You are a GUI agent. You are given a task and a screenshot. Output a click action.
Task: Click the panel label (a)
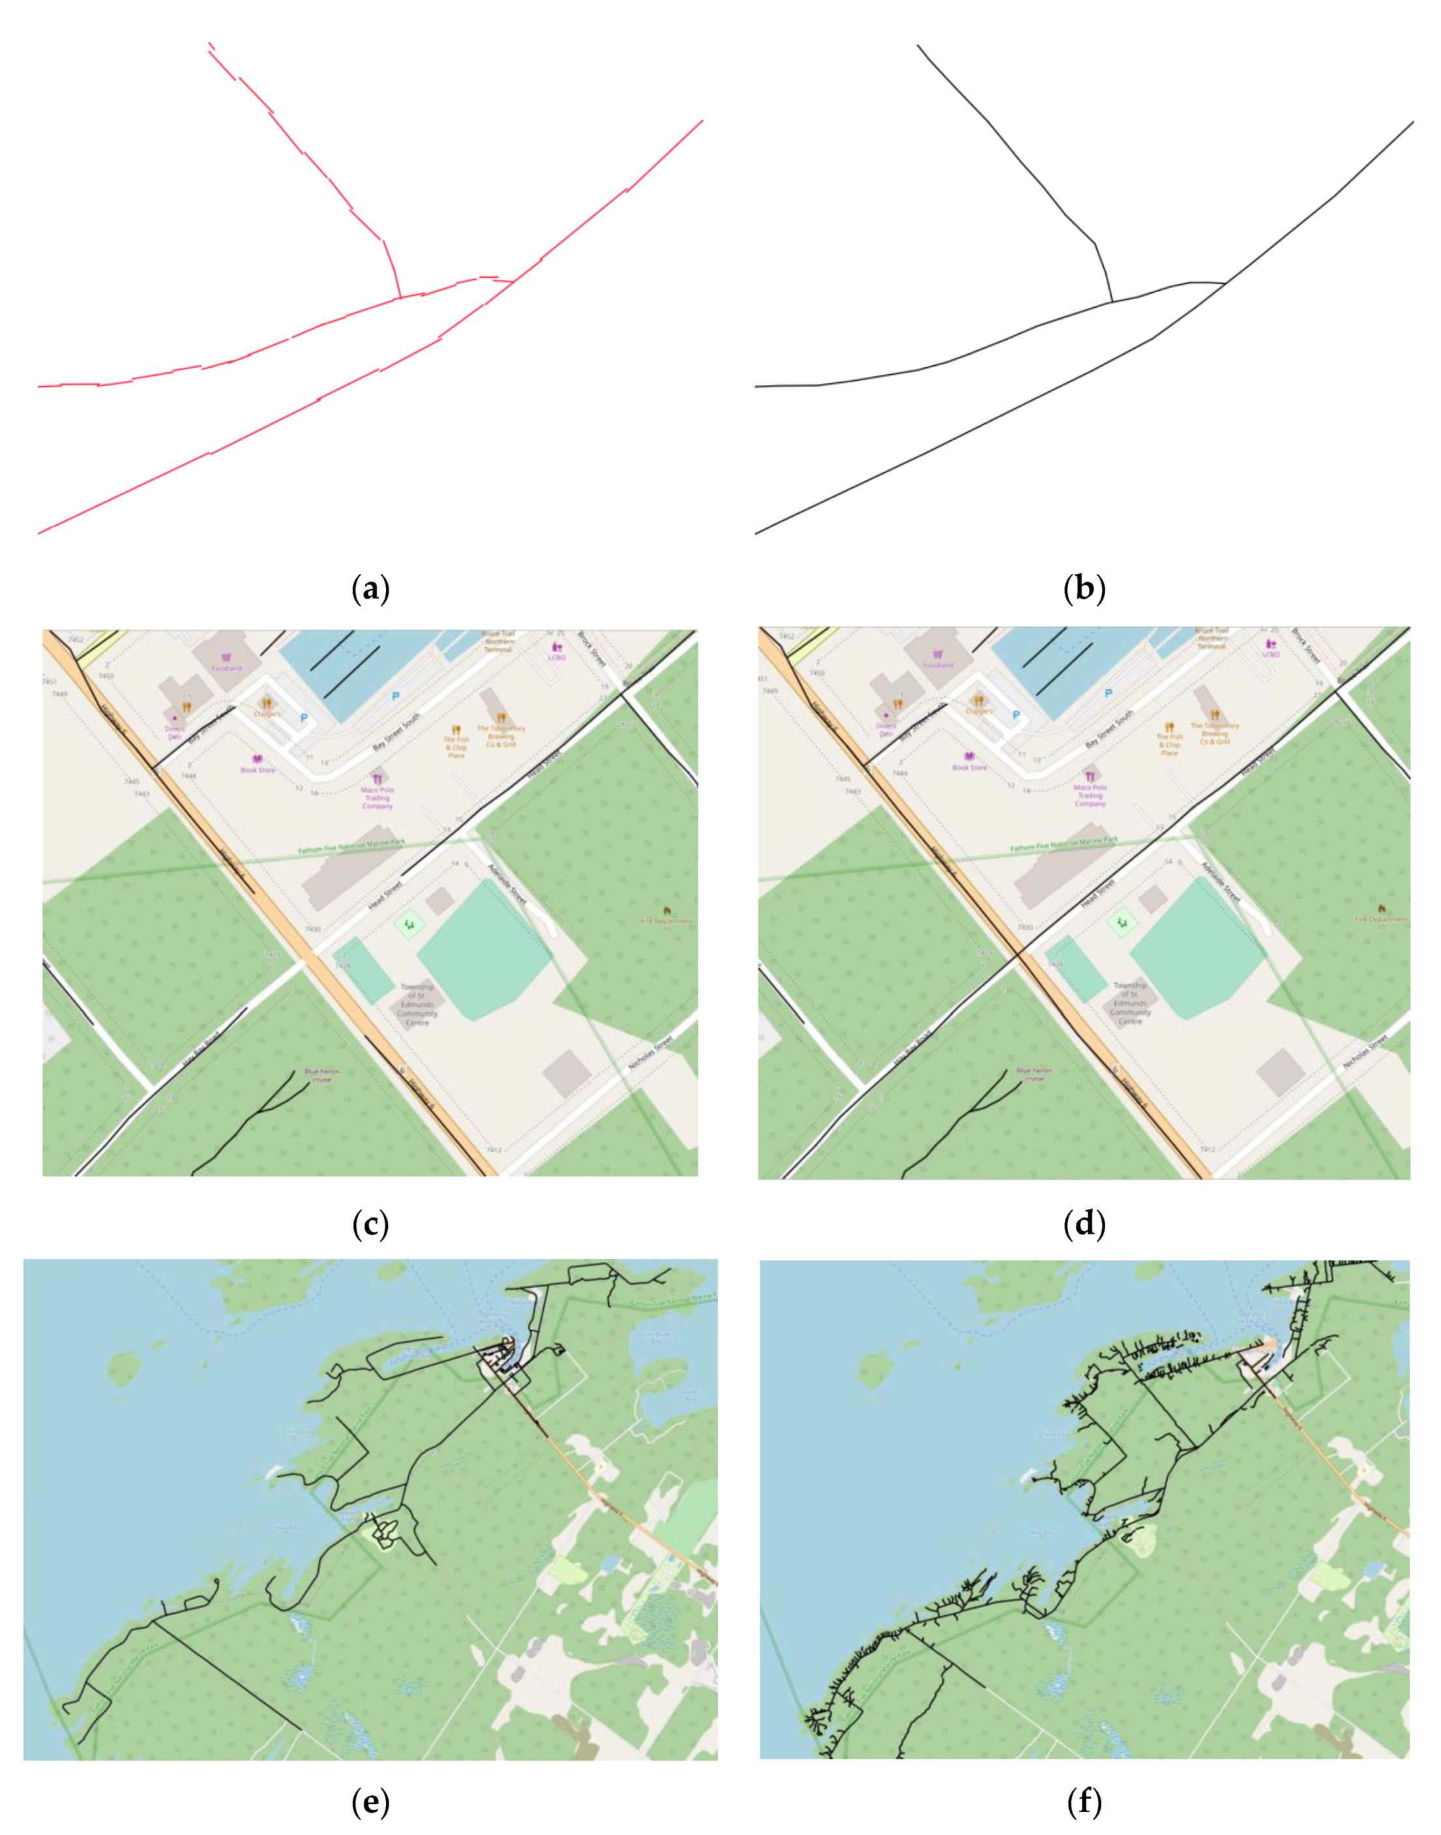(x=370, y=588)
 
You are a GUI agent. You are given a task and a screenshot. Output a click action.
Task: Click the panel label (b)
(x=1084, y=588)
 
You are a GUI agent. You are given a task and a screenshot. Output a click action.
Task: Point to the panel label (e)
(x=370, y=1803)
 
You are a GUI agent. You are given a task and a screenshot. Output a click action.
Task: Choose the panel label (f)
(x=1084, y=1803)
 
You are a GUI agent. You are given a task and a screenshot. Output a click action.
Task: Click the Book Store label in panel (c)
(x=258, y=769)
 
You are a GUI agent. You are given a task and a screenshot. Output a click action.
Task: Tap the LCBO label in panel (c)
(x=557, y=657)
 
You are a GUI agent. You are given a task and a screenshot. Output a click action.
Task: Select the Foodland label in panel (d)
(x=938, y=665)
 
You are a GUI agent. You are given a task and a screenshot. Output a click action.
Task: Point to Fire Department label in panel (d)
(x=1380, y=919)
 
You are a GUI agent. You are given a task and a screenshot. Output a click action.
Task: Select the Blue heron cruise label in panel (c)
(x=321, y=1076)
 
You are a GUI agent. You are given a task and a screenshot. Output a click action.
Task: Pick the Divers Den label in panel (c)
(x=175, y=732)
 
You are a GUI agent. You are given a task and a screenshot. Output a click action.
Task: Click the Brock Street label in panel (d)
(x=1306, y=646)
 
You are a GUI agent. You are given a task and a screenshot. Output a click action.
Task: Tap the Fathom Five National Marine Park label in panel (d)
(x=1064, y=844)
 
